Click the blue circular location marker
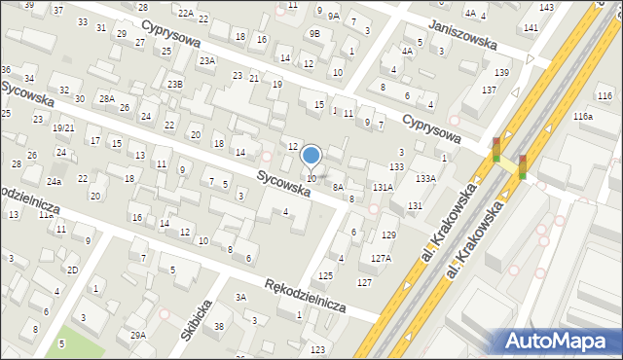coord(311,156)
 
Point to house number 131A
coord(383,187)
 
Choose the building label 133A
coord(425,178)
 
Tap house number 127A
coord(381,258)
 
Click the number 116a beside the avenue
coord(583,117)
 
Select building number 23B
coord(174,85)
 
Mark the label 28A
coord(106,98)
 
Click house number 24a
coord(55,182)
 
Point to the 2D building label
coord(72,269)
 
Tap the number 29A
coord(138,335)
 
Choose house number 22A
coord(186,13)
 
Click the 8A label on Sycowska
coord(339,187)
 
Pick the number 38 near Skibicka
coord(219,326)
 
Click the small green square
coord(64,343)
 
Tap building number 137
coord(489,90)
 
